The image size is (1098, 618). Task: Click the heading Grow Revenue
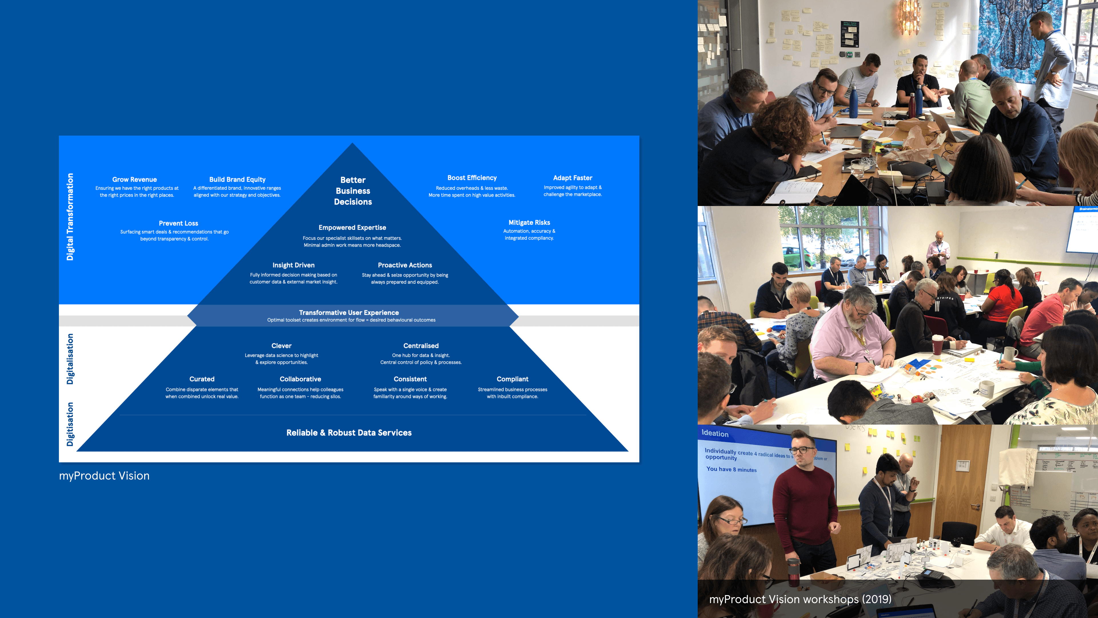coord(134,180)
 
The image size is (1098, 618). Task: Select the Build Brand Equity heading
coord(237,180)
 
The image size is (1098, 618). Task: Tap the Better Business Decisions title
coord(353,191)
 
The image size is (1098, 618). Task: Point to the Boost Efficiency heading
coord(472,178)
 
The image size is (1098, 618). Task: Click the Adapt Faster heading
coord(572,178)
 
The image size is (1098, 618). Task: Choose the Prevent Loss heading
coord(178,223)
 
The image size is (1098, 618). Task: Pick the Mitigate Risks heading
coord(529,223)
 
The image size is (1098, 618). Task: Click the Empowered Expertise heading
coord(352,228)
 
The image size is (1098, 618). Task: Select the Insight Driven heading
coord(293,265)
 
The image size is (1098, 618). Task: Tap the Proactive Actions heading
coord(405,265)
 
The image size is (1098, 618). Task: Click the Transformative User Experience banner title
coord(349,313)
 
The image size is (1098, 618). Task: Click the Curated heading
coord(202,379)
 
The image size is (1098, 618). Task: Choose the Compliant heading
coord(512,379)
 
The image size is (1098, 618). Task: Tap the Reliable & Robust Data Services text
coord(349,433)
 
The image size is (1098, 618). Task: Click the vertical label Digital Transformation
coord(70,217)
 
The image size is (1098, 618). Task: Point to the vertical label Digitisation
coord(70,424)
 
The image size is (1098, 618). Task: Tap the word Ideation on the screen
coord(715,433)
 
